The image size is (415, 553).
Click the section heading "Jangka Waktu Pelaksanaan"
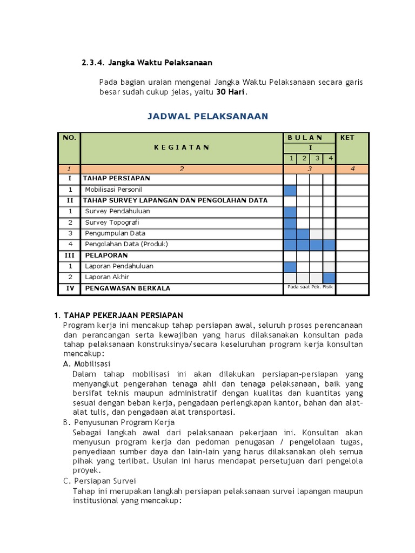160,63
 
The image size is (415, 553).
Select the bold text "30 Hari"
231,92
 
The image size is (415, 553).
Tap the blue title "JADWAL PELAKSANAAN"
208,116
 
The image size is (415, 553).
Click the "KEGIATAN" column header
182,147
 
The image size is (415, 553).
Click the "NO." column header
69,138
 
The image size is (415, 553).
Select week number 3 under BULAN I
317,158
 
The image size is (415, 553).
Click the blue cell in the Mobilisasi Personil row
290,190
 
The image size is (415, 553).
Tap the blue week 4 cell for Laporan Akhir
329,277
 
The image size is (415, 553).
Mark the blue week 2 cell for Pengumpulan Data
303,233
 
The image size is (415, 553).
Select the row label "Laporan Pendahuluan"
119,266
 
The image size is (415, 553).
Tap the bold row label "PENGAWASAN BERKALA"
126,288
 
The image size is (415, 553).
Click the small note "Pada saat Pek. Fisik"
310,287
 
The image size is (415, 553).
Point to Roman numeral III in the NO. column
70,255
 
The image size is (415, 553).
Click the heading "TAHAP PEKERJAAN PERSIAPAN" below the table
123,315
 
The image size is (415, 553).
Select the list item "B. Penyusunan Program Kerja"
118,422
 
